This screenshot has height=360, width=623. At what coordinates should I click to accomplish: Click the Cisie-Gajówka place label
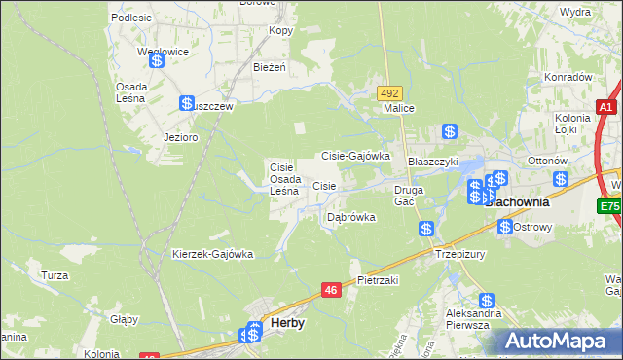coord(355,156)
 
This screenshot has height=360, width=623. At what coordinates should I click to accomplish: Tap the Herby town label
coord(286,324)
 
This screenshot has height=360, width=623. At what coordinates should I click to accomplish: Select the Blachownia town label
coord(517,203)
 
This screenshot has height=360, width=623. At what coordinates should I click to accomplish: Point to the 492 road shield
coord(390,92)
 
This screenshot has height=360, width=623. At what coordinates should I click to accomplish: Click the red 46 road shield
coord(331,289)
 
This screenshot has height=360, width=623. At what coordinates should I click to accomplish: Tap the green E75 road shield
coord(609,206)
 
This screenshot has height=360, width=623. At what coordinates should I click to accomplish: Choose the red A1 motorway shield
coord(605,107)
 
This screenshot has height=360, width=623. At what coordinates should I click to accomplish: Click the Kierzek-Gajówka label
coord(212,254)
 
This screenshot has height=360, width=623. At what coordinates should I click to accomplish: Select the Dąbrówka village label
coord(350,217)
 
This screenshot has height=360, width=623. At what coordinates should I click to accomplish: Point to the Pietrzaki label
coord(379,279)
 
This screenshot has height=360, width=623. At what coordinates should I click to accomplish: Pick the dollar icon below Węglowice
coord(156,60)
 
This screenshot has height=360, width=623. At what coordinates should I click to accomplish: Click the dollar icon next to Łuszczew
coord(187,102)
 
